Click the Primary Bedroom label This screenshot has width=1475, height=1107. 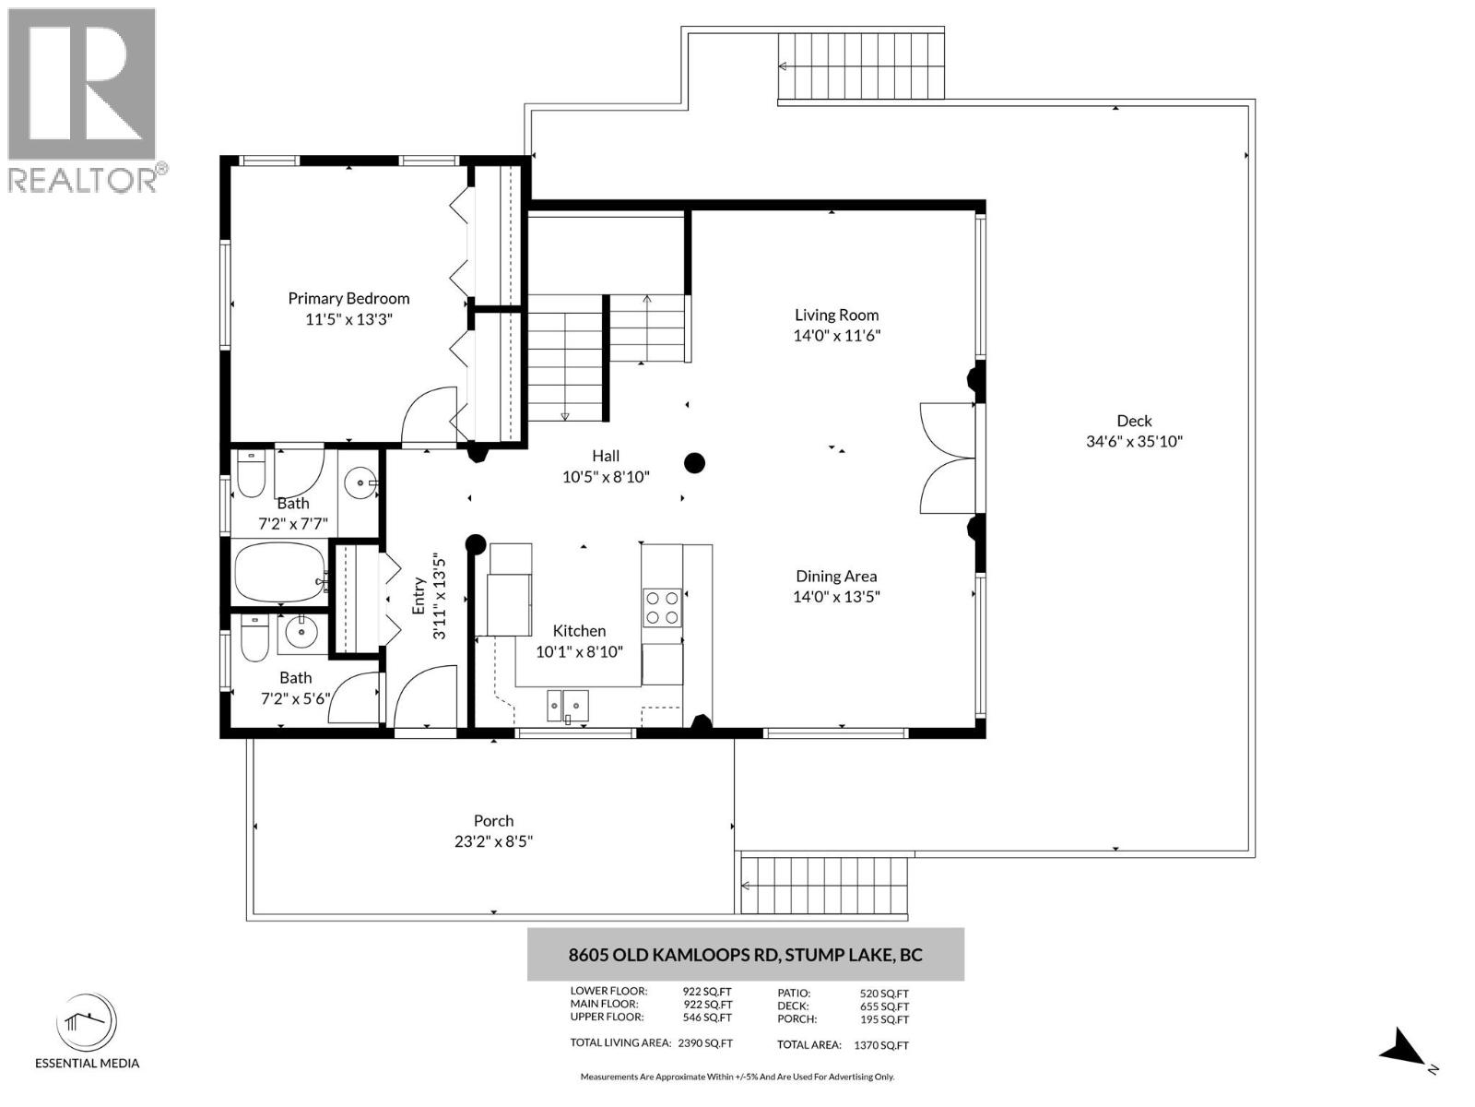[348, 298]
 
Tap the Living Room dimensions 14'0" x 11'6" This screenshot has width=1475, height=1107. [836, 336]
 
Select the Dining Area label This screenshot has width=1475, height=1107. [836, 576]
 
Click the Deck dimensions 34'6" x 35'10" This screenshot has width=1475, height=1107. [1134, 441]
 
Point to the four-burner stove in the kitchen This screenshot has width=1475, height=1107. [662, 607]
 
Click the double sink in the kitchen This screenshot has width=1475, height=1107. [568, 705]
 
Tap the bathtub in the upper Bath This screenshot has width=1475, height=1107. [279, 573]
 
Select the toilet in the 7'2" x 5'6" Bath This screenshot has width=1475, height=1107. [254, 638]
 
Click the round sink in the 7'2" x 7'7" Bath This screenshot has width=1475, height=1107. [360, 482]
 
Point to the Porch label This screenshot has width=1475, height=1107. [493, 820]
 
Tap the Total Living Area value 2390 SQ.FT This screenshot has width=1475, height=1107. [705, 1044]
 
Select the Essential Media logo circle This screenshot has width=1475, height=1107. [87, 1023]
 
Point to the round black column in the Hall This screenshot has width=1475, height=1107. [694, 463]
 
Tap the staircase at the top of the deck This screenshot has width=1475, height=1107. [861, 66]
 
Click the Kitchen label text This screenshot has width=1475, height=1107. [579, 631]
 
